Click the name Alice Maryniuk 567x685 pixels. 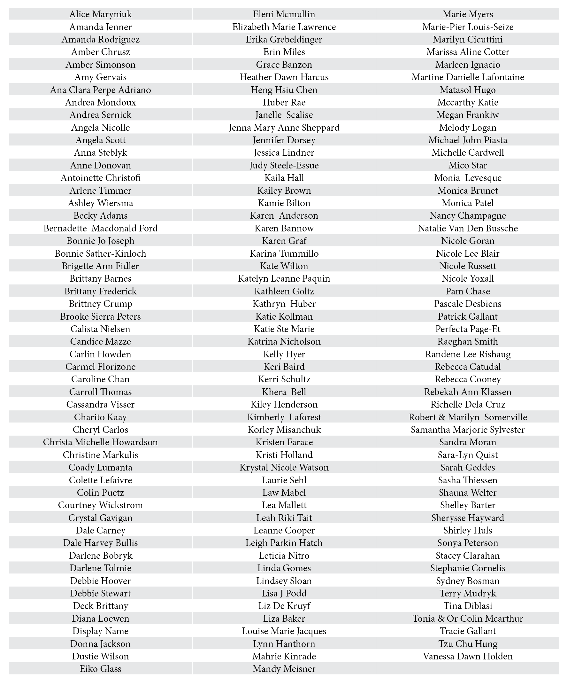coord(100,14)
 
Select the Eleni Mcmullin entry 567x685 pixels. coord(284,14)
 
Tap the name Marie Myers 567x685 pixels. coord(468,14)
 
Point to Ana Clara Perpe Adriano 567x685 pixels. coord(100,90)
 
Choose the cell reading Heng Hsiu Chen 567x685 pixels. coord(284,90)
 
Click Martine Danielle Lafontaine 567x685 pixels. coord(468,77)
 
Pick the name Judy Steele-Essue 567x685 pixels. coord(284,165)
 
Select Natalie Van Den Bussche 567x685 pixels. coord(468,228)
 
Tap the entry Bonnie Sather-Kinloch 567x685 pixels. coord(100,254)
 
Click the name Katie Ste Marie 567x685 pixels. coord(284,329)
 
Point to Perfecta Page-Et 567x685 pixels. coord(468,329)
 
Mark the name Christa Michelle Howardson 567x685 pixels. coord(100,442)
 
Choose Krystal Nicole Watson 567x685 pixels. coord(284,467)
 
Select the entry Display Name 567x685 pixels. coord(100,631)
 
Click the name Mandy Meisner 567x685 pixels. coord(284,669)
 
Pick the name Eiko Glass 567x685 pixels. coord(100,669)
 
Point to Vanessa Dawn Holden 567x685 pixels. coord(468,656)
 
